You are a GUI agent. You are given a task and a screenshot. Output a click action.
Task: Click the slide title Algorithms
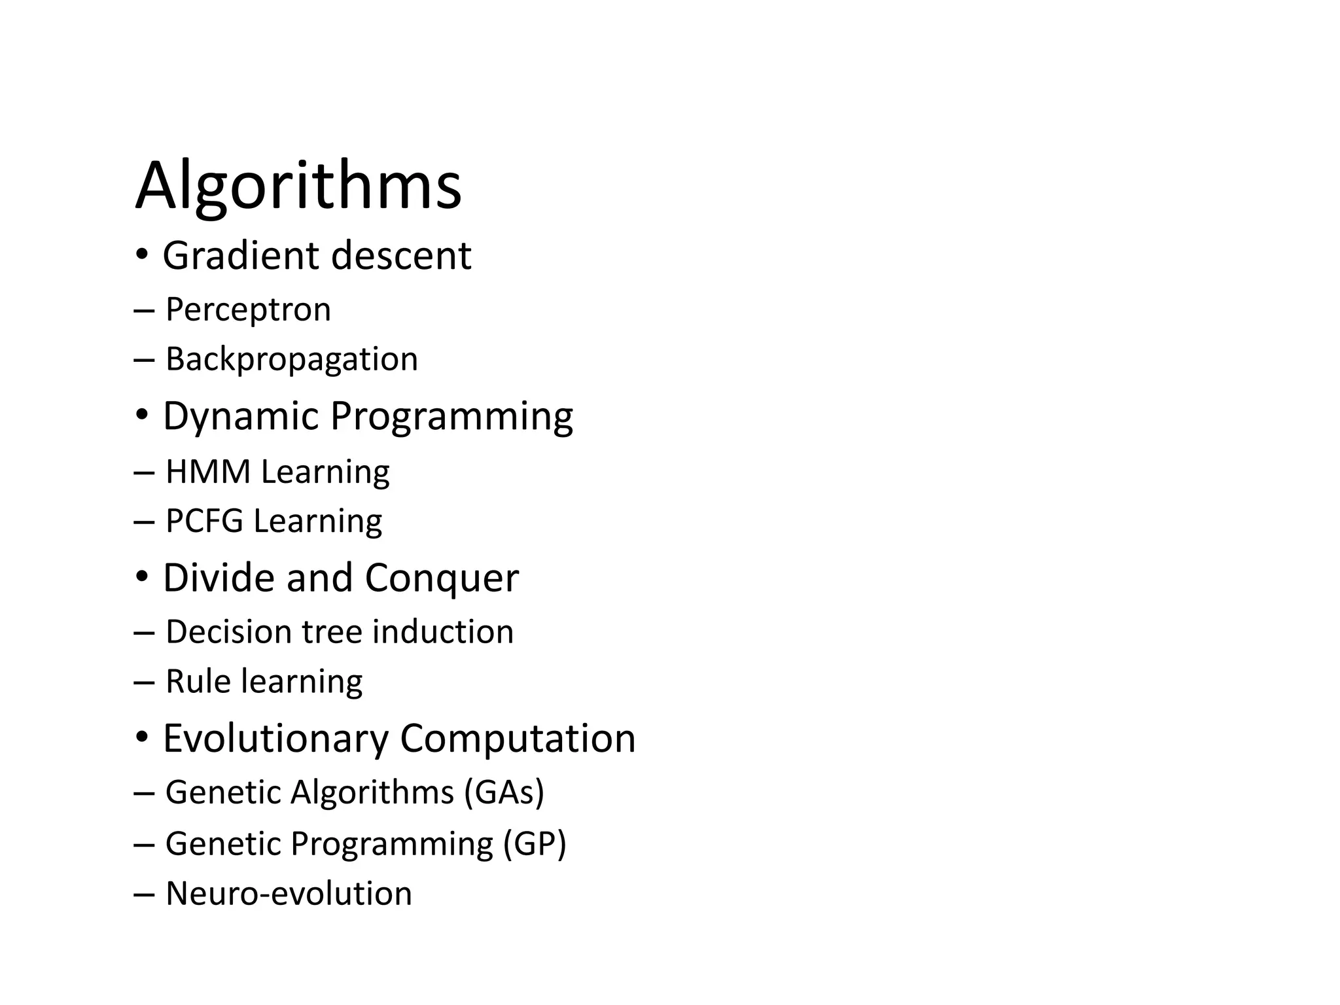pos(298,186)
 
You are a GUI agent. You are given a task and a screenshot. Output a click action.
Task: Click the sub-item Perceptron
pos(248,309)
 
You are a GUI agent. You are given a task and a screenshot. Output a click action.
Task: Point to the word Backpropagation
pos(291,359)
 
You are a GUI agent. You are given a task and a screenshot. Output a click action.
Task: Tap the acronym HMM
pos(208,472)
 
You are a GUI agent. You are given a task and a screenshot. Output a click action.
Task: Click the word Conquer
pos(441,578)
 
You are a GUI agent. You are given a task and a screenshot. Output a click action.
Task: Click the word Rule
pos(198,682)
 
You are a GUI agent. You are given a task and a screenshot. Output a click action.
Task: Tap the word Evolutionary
pos(275,739)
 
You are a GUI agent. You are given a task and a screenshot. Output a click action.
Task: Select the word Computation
pos(518,739)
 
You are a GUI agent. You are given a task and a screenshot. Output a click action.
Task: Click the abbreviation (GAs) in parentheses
pos(504,792)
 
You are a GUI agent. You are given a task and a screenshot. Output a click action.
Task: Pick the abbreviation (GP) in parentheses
pos(534,843)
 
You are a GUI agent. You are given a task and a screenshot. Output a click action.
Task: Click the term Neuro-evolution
pos(289,894)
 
